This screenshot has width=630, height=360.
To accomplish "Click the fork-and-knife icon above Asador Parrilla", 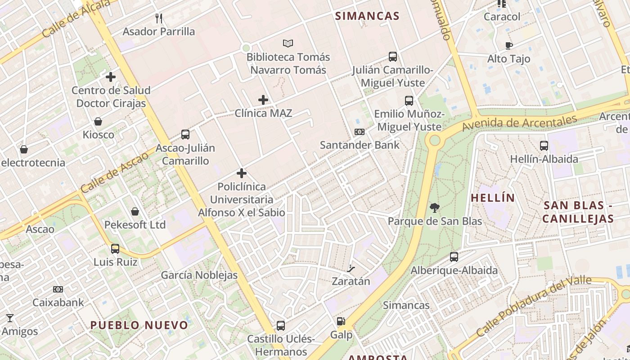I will (158, 18).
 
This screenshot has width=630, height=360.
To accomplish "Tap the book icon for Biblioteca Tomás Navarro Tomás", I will (288, 43).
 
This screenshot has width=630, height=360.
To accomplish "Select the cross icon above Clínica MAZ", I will (263, 99).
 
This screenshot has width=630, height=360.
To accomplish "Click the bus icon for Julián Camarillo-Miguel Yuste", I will (393, 57).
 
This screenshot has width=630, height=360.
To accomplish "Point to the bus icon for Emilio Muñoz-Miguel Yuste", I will (409, 101).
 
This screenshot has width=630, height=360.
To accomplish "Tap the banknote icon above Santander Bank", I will (359, 132).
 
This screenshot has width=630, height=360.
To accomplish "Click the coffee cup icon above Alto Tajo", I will (508, 45).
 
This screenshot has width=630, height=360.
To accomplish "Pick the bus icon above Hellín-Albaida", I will (544, 146).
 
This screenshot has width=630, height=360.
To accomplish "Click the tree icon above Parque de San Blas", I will (434, 208).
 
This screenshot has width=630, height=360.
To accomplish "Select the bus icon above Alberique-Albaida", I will (454, 257).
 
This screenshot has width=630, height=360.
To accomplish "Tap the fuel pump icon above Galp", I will (341, 321).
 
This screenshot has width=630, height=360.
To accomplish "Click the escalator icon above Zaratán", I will (351, 269).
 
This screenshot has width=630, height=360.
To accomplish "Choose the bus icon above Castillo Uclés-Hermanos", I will (280, 325).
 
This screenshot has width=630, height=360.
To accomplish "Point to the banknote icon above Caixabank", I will (58, 289).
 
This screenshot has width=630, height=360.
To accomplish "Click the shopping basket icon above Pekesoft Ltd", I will (135, 211).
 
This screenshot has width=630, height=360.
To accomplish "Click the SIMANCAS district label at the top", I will (367, 16).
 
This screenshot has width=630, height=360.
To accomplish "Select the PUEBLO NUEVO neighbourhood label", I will (139, 325).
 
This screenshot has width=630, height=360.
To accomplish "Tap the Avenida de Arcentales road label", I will (519, 123).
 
